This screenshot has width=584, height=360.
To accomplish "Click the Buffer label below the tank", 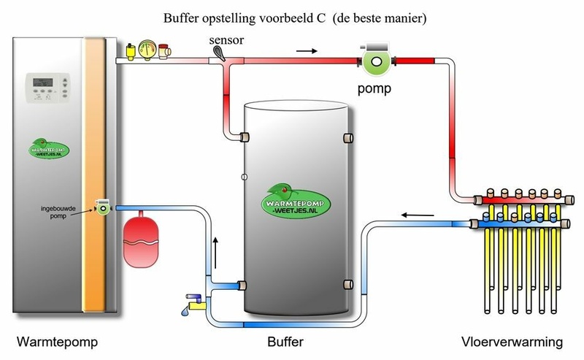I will tap(285, 342).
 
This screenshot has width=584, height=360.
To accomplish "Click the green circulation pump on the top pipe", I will tap(375, 60).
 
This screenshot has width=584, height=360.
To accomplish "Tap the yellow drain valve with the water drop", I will tap(193, 301).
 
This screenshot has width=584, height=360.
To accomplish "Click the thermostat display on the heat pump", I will tap(47, 85).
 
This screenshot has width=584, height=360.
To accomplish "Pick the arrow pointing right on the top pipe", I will tap(309, 51).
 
